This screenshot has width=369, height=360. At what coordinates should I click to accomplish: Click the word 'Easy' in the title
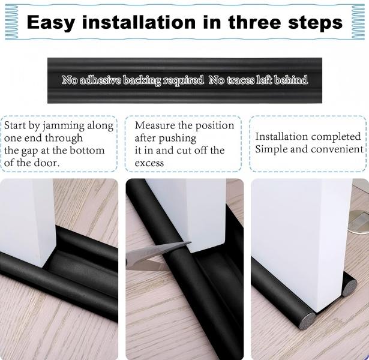50,22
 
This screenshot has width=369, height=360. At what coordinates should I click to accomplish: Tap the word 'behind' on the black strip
292,80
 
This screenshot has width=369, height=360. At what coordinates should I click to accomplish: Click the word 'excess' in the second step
149,163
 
